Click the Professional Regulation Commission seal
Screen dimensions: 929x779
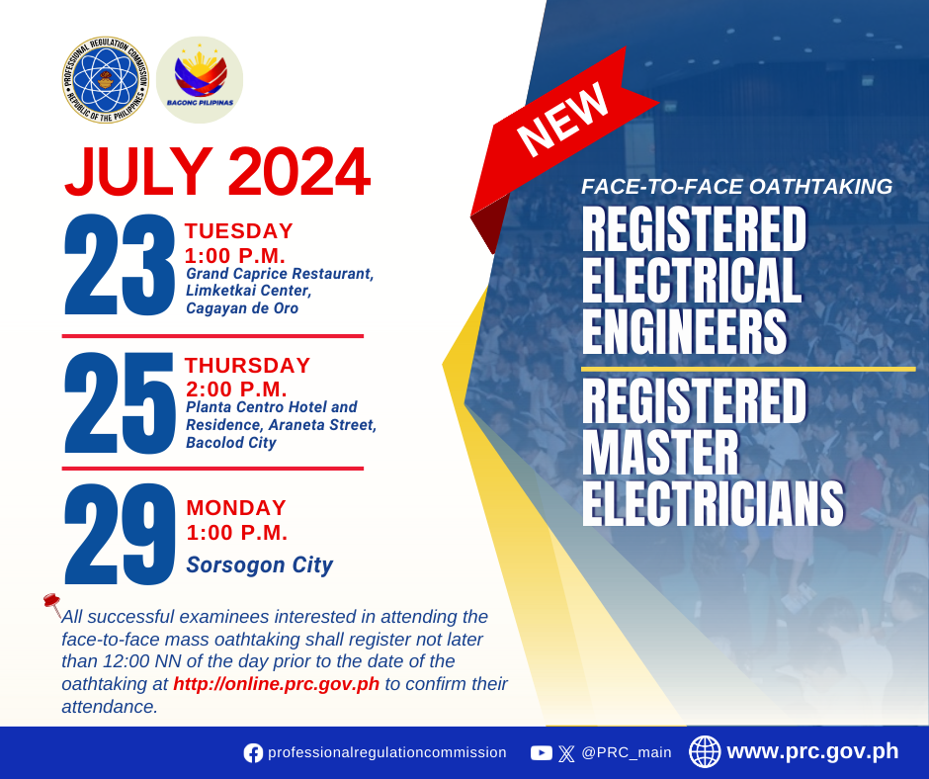[x=106, y=80]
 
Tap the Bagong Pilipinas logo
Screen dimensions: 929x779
[x=200, y=80]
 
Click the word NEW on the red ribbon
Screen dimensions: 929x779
[x=562, y=121]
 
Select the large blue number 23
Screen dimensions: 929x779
[x=119, y=264]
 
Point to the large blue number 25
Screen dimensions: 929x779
[x=119, y=403]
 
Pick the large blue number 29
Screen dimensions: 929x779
[x=119, y=534]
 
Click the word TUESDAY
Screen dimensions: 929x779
[x=239, y=230]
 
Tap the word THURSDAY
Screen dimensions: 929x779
[x=248, y=365]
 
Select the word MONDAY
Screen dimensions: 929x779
[x=236, y=507]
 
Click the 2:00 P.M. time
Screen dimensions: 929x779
[x=236, y=389]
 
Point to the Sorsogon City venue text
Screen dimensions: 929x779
[x=260, y=565]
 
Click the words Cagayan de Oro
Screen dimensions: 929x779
[x=242, y=308]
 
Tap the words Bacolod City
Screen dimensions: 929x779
[x=231, y=443]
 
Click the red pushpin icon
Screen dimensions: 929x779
[x=52, y=604]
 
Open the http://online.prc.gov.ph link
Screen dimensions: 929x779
[x=276, y=683]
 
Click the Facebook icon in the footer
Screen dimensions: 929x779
[x=253, y=753]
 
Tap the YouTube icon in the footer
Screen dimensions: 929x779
[x=541, y=753]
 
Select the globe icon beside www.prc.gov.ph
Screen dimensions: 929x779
[x=705, y=751]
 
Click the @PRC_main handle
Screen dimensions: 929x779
[x=627, y=753]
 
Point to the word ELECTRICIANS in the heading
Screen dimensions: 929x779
[x=714, y=503]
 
